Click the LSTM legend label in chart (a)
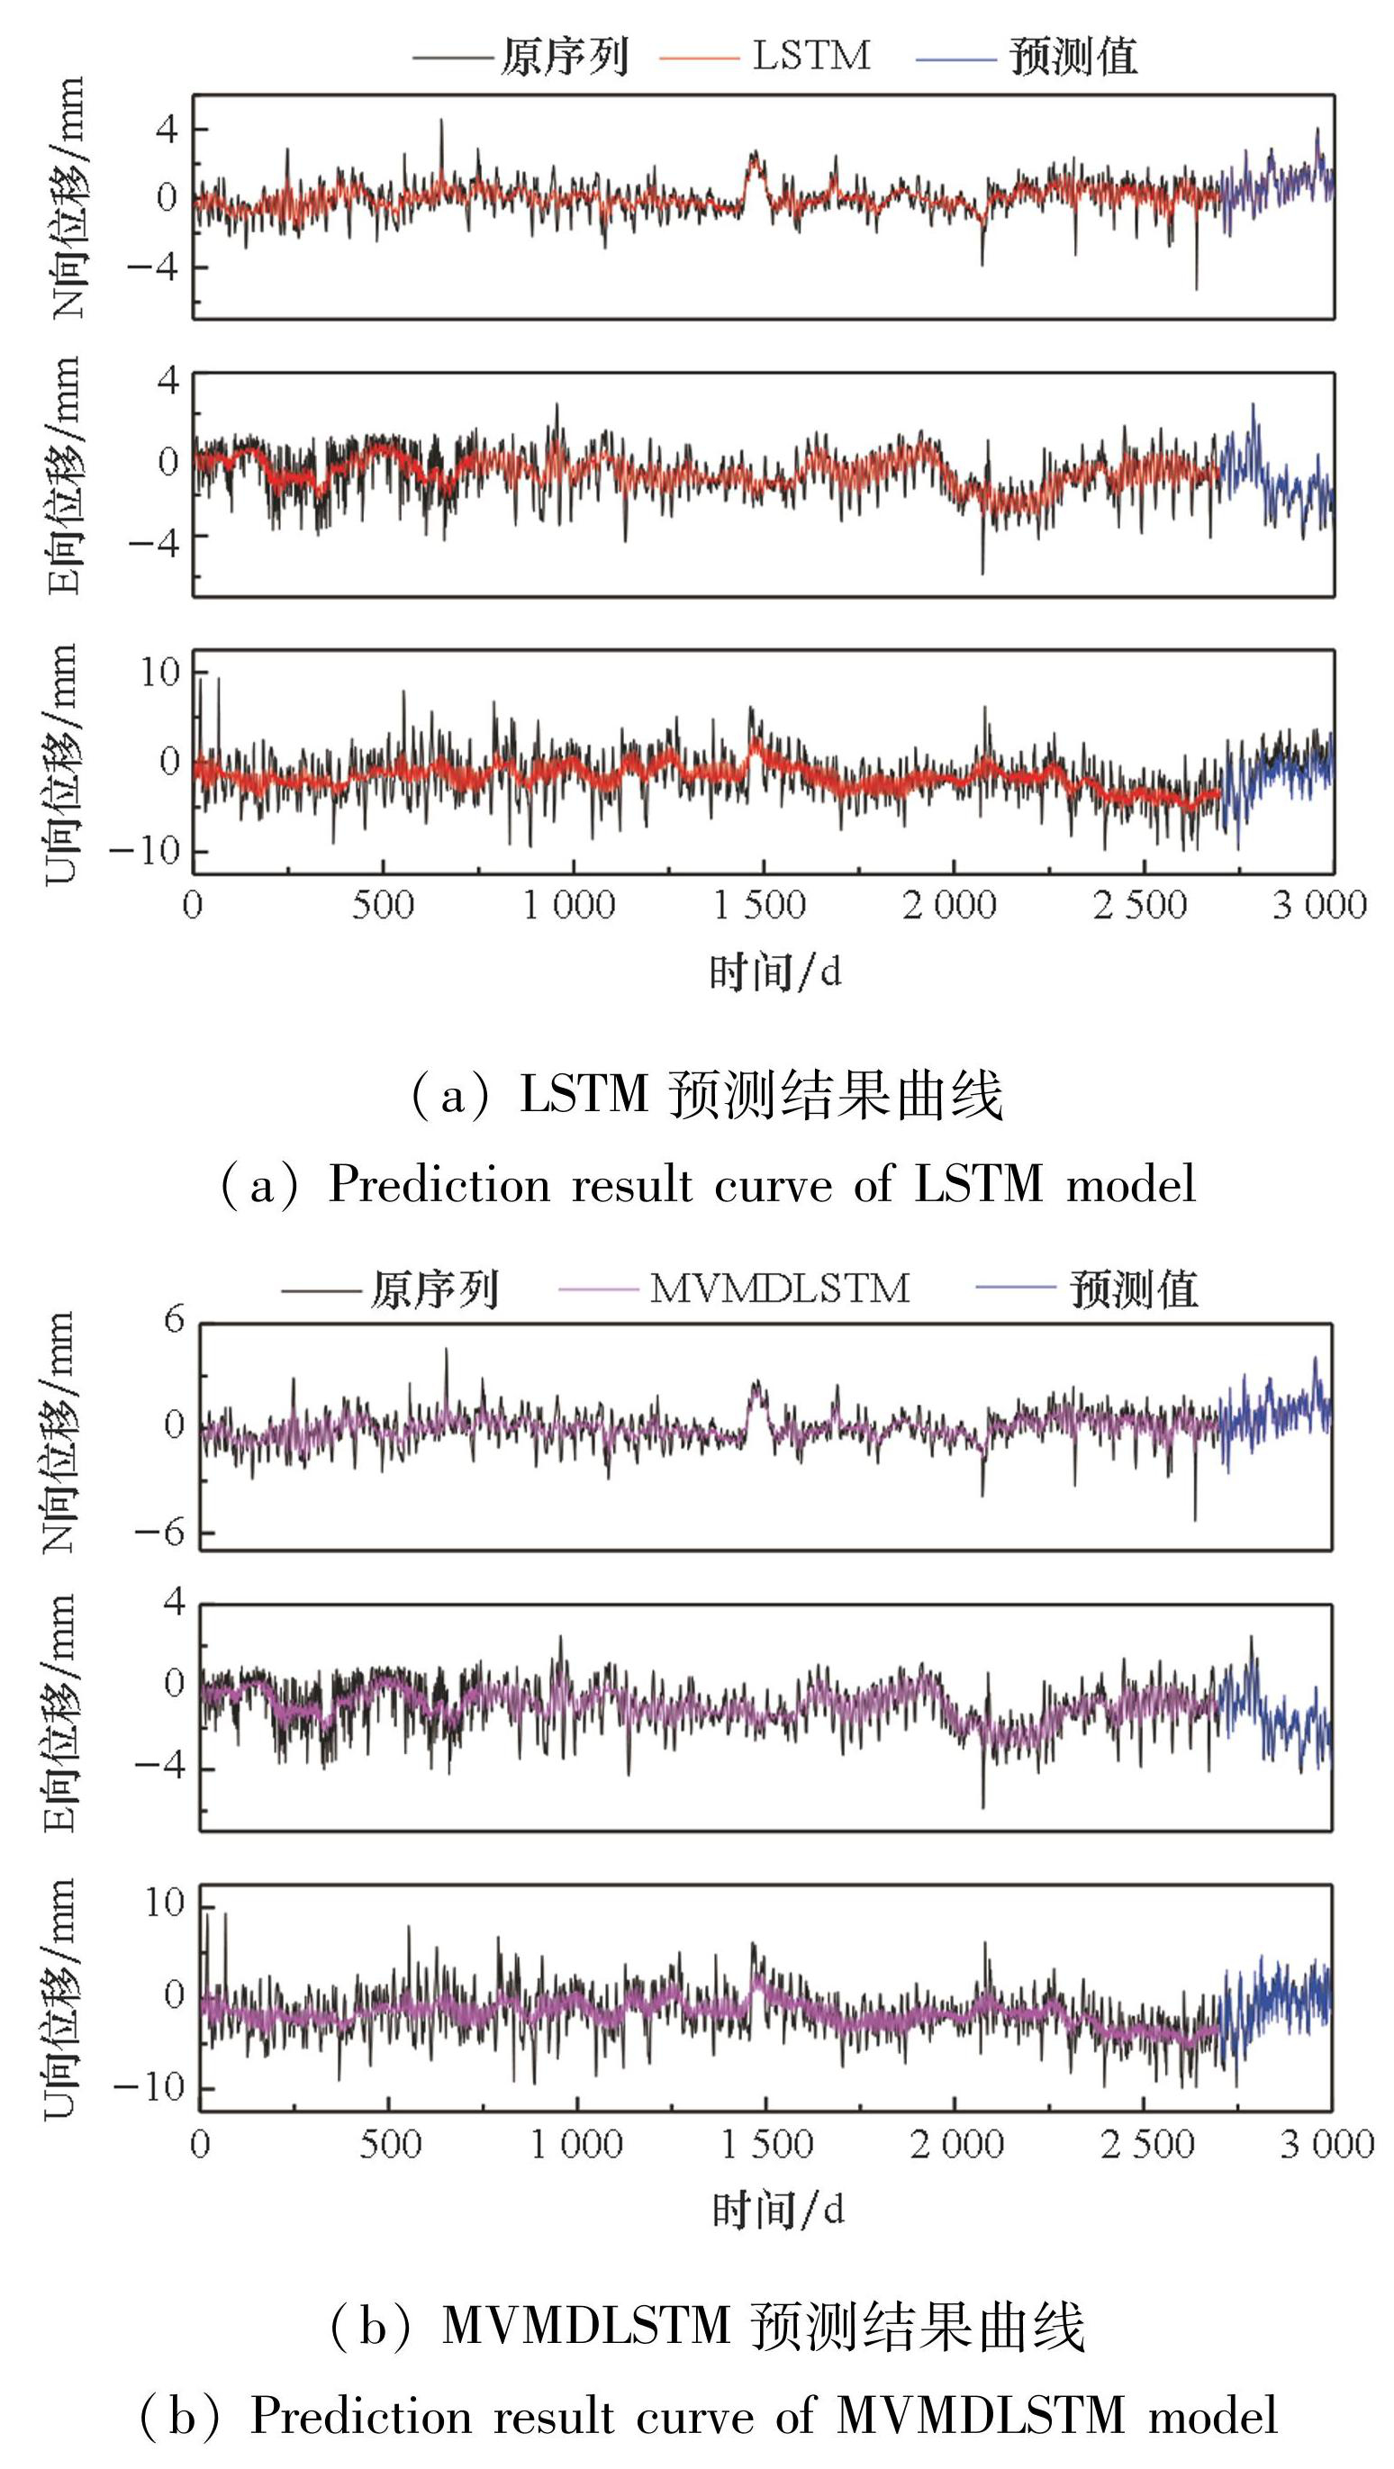[811, 56]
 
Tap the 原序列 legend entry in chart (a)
[565, 57]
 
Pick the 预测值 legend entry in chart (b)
[1133, 1289]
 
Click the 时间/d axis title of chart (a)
[774, 972]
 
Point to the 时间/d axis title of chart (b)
[777, 2211]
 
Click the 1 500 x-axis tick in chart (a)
[759, 905]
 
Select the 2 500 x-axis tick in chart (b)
[1146, 2144]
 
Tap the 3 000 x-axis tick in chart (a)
[1319, 905]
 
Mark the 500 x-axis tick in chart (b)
[390, 2144]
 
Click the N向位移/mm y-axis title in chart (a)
[68, 197]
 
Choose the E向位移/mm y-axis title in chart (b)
[59, 1713]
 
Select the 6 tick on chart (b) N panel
[174, 1321]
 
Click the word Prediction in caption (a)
[439, 1185]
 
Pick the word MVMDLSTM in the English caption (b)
[981, 2415]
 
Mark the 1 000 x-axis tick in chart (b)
[576, 2144]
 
